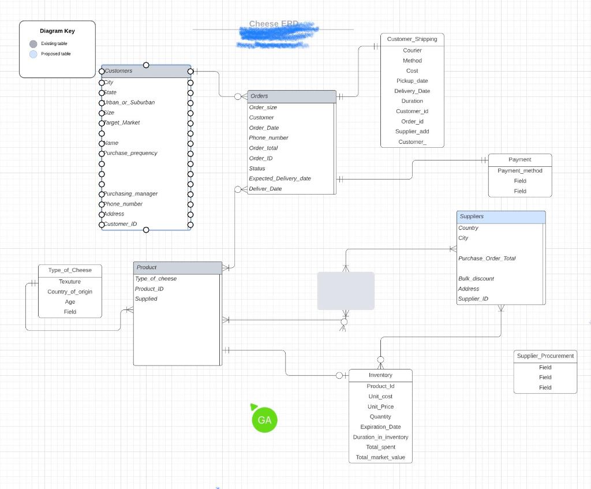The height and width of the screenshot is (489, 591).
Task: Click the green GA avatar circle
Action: [265, 420]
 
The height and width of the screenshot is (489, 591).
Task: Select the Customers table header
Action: [146, 71]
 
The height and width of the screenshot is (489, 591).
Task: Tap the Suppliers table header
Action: [500, 217]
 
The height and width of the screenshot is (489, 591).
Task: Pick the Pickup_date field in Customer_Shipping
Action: [412, 81]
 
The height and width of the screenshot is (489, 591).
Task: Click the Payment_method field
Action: [520, 171]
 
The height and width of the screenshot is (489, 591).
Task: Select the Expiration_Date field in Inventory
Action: [380, 427]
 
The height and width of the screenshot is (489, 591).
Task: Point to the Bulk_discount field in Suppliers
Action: [476, 279]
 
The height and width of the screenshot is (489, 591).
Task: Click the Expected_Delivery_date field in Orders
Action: [280, 178]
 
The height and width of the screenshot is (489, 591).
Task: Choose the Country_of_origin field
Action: [70, 292]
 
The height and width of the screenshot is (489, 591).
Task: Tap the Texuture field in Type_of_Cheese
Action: [70, 282]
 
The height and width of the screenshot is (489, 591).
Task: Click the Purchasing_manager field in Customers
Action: [131, 194]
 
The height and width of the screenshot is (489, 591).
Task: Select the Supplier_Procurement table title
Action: [545, 356]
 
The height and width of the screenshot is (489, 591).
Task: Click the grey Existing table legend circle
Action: [33, 44]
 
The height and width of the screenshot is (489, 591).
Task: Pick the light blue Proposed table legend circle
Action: [33, 54]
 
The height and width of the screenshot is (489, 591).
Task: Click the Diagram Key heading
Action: [57, 31]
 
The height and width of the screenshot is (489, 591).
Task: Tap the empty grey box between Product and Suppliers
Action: [346, 291]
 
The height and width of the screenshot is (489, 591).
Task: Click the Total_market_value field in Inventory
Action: [380, 457]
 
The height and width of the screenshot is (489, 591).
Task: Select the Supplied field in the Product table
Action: [146, 299]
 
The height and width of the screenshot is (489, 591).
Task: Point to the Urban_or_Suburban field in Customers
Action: [130, 102]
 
